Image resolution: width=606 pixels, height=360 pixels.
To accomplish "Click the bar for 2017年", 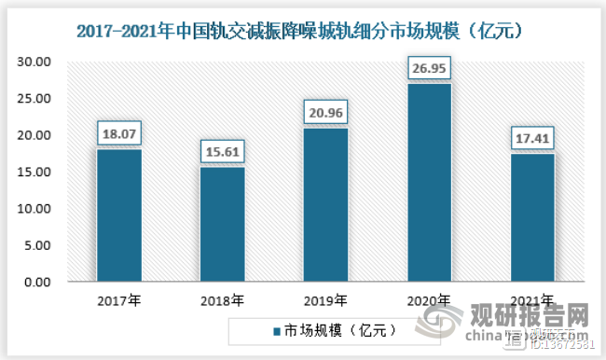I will click(119, 215).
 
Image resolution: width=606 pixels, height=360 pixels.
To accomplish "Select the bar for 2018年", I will click(223, 224).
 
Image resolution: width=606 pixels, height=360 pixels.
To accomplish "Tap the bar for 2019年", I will click(326, 204).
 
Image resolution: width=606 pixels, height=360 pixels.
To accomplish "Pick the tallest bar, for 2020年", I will click(430, 183).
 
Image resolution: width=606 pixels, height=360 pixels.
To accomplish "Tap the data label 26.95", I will click(430, 69).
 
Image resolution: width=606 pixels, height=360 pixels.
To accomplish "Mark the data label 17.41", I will click(532, 139).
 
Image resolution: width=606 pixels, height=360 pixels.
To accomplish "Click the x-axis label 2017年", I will click(119, 300).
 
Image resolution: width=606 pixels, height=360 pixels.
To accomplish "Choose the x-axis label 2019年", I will click(326, 300).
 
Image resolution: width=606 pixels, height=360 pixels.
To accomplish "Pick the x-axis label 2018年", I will click(223, 300).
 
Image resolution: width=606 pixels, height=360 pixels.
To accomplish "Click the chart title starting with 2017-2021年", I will click(303, 30).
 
